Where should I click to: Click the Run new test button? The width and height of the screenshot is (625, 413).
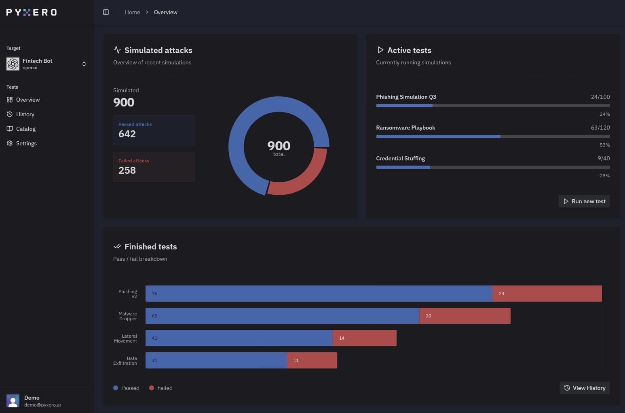(x=584, y=201)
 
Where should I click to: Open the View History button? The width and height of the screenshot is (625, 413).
(x=585, y=388)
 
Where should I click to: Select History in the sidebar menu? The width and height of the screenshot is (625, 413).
(x=25, y=114)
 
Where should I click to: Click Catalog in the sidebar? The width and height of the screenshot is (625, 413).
(x=26, y=129)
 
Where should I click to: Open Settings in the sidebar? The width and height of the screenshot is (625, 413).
(x=26, y=143)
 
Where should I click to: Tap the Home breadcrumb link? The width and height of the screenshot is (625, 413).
(x=132, y=12)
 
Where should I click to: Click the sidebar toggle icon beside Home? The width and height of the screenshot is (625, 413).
(x=106, y=12)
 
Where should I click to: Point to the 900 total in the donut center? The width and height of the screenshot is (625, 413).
(x=279, y=147)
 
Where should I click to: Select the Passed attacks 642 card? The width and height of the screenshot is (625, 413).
(x=154, y=130)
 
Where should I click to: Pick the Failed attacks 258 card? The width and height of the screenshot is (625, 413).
(x=154, y=166)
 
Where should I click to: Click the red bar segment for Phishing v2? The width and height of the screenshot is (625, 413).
(x=547, y=294)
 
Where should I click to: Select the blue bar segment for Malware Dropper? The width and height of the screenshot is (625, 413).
(x=282, y=316)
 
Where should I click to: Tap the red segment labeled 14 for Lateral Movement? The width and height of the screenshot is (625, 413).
(x=364, y=338)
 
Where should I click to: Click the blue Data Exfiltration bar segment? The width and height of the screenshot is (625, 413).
(x=216, y=360)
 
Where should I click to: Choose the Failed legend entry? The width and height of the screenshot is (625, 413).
(x=161, y=388)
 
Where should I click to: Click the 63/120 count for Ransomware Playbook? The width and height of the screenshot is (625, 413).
(x=600, y=128)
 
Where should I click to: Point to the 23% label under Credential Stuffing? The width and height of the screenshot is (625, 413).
(x=604, y=176)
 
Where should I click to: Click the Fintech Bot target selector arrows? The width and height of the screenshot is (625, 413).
(x=84, y=64)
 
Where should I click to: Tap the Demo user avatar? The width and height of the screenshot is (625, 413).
(x=13, y=401)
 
